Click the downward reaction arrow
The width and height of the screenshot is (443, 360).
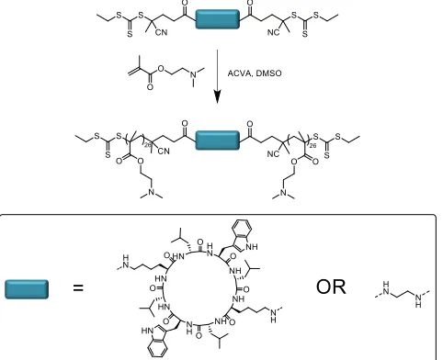coord(217,76)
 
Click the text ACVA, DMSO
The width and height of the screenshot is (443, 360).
coord(255,73)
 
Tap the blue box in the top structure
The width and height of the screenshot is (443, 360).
coord(217,19)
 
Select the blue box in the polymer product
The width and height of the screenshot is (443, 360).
coord(217,141)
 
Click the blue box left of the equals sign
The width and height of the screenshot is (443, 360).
coord(27,289)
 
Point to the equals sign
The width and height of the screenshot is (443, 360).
coord(78,287)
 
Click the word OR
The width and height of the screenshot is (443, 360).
coord(331,287)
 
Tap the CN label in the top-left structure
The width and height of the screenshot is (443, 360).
coord(161,32)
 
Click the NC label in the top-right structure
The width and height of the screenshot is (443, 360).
coord(273,32)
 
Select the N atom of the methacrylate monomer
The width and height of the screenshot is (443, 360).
coord(193,73)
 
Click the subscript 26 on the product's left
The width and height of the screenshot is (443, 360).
coord(148,145)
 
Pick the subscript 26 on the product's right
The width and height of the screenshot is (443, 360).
coord(312,146)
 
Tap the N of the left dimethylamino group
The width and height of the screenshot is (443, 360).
coord(151,192)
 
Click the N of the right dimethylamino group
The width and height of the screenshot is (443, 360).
coord(283,192)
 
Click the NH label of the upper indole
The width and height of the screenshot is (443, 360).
coord(252,246)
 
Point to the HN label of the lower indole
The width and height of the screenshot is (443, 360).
coord(147,331)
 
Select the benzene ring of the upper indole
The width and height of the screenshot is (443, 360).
coord(242,228)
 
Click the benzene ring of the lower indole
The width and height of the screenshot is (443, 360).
coord(157,347)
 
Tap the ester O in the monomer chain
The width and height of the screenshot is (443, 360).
coord(161,69)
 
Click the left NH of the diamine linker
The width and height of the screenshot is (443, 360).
coord(386,287)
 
